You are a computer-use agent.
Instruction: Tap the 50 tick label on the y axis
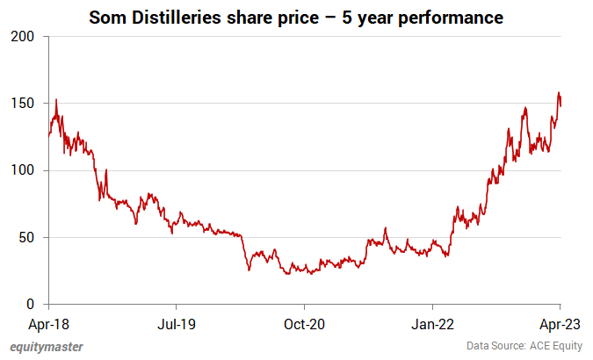tap(27, 238)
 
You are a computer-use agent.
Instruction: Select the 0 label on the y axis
tap(31, 305)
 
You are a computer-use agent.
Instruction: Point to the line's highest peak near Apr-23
tap(558, 92)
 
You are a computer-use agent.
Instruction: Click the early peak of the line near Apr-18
tap(56, 100)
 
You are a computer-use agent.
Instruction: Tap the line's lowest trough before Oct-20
tap(287, 274)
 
